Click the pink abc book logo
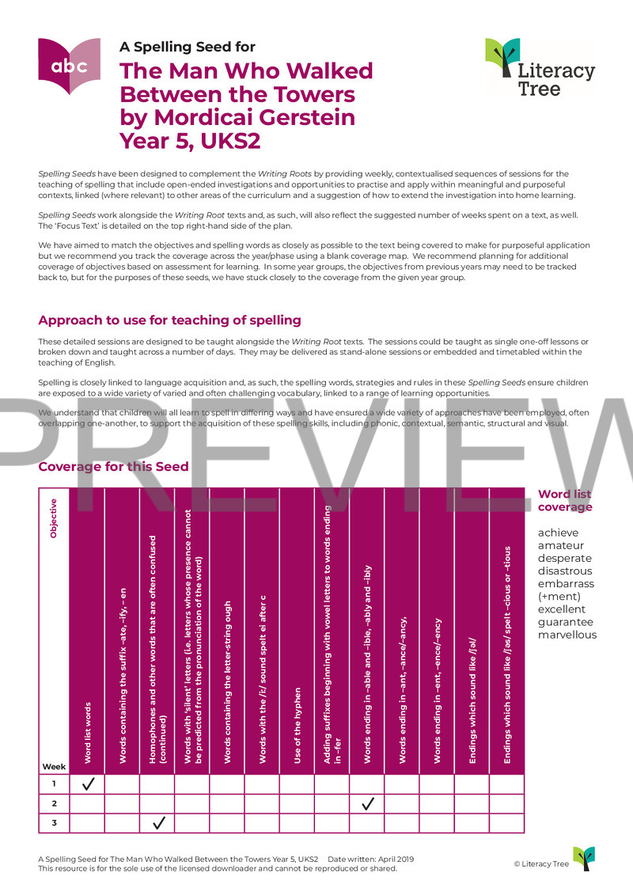tap(69, 66)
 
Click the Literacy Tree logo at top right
tap(539, 67)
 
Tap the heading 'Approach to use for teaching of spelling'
tap(169, 320)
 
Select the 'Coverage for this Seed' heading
tap(113, 466)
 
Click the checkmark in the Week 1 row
tap(87, 784)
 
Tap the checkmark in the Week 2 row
tap(367, 804)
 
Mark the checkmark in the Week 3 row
tap(157, 823)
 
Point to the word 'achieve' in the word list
tap(558, 533)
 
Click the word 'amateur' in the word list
tap(561, 545)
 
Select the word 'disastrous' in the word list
tap(565, 571)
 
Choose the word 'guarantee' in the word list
tap(565, 622)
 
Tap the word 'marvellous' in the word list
tap(567, 635)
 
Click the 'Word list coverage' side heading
tap(565, 500)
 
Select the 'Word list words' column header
tap(87, 733)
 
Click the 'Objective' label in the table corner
tap(54, 518)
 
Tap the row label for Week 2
tap(54, 804)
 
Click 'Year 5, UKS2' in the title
tap(190, 141)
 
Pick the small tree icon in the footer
tap(583, 859)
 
